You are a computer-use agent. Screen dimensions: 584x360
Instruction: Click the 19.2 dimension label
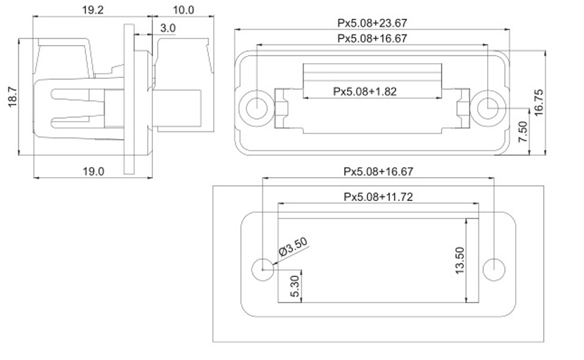click(x=93, y=10)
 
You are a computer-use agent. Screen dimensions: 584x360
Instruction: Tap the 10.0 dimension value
click(x=183, y=10)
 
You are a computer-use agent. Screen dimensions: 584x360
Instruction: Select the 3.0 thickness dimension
click(x=168, y=27)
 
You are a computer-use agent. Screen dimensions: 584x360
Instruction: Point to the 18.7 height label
click(x=12, y=97)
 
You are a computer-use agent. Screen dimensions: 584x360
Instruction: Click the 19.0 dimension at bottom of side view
click(x=93, y=171)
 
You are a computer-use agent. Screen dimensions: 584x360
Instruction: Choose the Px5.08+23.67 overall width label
click(x=372, y=23)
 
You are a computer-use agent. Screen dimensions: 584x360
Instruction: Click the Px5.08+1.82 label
click(x=364, y=91)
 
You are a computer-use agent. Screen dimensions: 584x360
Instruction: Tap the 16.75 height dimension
click(x=538, y=102)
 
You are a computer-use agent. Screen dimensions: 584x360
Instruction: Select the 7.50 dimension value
click(x=523, y=131)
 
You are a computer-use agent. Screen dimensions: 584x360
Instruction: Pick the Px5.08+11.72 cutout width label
click(x=378, y=196)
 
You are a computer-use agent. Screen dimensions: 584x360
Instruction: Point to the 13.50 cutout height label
click(x=460, y=261)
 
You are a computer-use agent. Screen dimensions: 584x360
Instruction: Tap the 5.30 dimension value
click(x=294, y=286)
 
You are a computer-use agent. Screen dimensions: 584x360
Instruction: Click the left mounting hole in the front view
click(x=256, y=108)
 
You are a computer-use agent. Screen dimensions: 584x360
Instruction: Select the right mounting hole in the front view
click(x=488, y=108)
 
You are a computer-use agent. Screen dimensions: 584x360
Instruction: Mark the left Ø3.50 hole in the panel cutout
click(x=263, y=269)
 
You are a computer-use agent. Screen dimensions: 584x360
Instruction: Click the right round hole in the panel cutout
click(x=494, y=269)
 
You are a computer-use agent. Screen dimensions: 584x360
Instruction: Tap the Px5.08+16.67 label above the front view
click(x=372, y=39)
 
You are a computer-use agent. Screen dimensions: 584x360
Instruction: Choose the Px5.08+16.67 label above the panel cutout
click(x=378, y=171)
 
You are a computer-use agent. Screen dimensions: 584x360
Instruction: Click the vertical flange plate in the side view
click(x=129, y=99)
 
